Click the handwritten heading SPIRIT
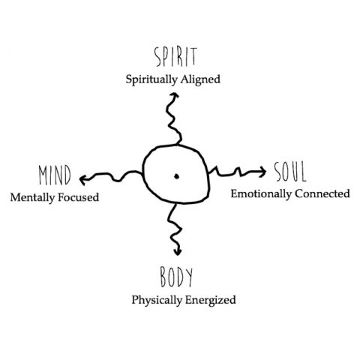click(175, 57)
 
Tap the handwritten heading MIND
click(55, 175)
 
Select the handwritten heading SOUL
click(290, 172)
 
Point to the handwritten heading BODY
click(176, 277)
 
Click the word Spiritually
click(151, 80)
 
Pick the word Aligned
click(200, 80)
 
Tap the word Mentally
click(32, 198)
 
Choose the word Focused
click(79, 197)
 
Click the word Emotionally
click(261, 194)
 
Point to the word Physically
click(157, 300)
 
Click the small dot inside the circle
click(176, 176)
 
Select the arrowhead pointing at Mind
click(83, 180)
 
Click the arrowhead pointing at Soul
click(262, 172)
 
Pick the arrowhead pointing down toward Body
click(178, 251)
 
